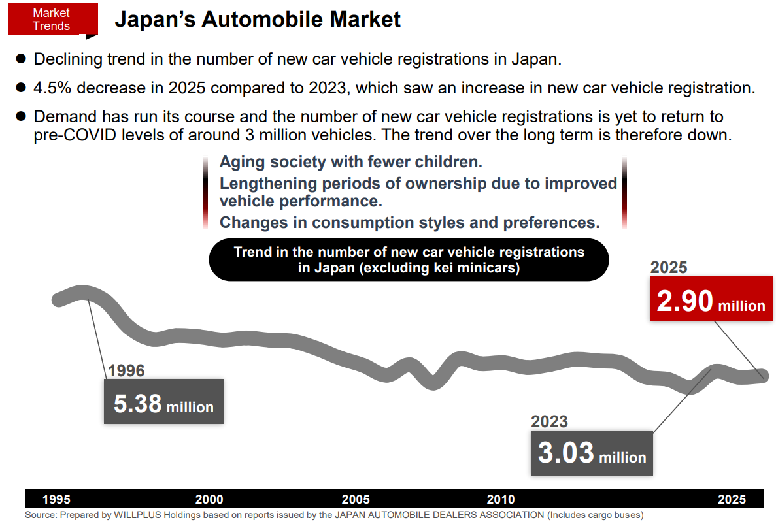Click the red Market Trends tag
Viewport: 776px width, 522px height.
(52, 20)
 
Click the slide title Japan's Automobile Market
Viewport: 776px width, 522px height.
(258, 20)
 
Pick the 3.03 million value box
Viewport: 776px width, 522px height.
(592, 453)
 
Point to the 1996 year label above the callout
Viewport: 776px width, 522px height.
(126, 371)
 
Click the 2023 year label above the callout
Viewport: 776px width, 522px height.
(550, 421)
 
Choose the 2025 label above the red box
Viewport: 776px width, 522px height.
(669, 267)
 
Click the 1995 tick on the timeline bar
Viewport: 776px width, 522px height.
(56, 500)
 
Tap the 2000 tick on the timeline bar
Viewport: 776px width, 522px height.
(209, 500)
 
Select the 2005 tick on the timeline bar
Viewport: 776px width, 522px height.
(356, 500)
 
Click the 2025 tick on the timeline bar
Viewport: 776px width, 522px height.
(732, 500)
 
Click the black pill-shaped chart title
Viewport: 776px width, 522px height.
(409, 260)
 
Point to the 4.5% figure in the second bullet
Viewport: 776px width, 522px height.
(51, 88)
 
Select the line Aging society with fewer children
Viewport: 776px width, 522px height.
(350, 162)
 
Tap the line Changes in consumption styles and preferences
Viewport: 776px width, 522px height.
(409, 222)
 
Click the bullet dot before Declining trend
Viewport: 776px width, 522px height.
(20, 59)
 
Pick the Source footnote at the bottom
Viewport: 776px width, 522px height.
(334, 515)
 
